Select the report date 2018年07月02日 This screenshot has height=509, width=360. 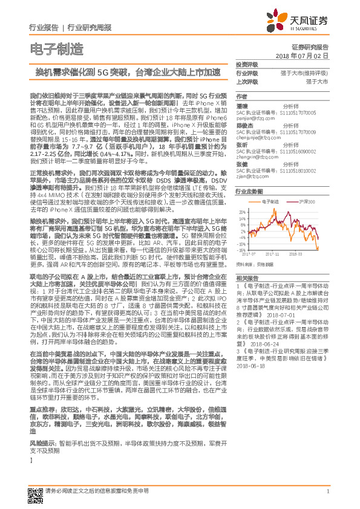pos(301,55)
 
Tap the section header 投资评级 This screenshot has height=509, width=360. pos(246,63)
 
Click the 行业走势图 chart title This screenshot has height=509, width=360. pos(249,190)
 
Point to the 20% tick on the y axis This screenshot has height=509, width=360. pos(241,212)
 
